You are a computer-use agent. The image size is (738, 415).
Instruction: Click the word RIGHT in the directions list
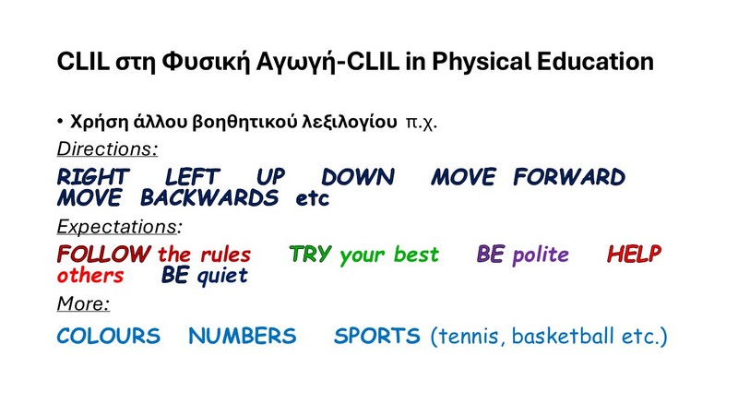point(93,177)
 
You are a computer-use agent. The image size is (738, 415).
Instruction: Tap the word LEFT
point(192,177)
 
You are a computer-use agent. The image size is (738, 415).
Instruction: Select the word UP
point(270,177)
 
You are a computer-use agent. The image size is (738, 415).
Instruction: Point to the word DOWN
point(358,177)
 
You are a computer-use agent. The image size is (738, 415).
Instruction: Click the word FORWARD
point(569,177)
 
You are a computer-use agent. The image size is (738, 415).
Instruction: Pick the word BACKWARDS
point(209,197)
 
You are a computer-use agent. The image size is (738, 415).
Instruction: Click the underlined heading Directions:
point(107,148)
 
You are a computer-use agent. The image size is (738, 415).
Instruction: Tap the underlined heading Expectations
point(117,227)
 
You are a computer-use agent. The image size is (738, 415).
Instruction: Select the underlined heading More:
point(83,303)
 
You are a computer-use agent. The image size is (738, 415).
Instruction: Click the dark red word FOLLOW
point(103,255)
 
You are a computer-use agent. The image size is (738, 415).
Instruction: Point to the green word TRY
point(310,255)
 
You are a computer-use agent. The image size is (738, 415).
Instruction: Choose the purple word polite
point(541,255)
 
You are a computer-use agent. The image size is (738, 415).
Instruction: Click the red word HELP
point(634,255)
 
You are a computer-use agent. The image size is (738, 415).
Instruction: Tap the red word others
point(90,275)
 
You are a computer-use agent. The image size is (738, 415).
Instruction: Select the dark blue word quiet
point(222,276)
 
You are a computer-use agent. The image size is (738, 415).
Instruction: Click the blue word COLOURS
point(109,336)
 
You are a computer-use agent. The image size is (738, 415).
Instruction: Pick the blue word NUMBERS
point(243,336)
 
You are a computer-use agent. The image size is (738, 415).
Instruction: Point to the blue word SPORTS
point(377,336)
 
